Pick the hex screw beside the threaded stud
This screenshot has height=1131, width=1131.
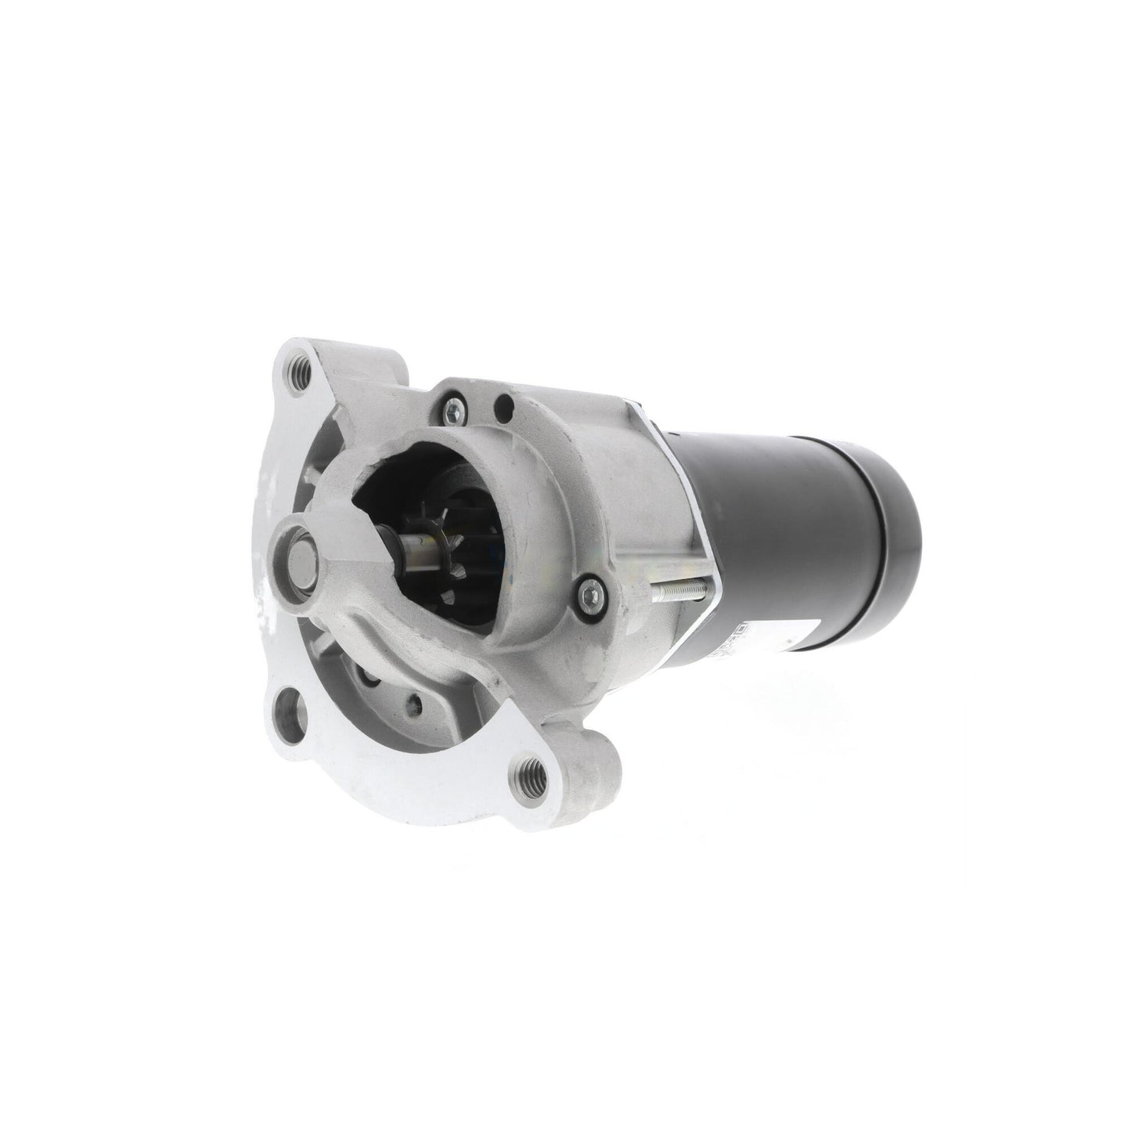tap(589, 593)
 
